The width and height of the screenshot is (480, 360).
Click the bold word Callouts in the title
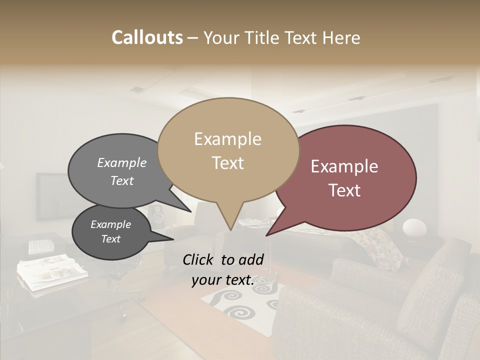[147, 37]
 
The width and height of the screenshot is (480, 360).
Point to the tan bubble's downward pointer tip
[230, 230]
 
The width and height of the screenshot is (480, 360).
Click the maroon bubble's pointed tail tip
[266, 235]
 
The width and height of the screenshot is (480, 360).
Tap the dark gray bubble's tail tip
[173, 239]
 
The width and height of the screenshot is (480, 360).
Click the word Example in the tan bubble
[227, 139]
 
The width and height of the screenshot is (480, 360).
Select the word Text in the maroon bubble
[344, 190]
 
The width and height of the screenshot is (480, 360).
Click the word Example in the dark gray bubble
[110, 224]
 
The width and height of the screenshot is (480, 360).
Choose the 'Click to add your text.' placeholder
[223, 270]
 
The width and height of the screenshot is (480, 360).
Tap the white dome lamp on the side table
[414, 227]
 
